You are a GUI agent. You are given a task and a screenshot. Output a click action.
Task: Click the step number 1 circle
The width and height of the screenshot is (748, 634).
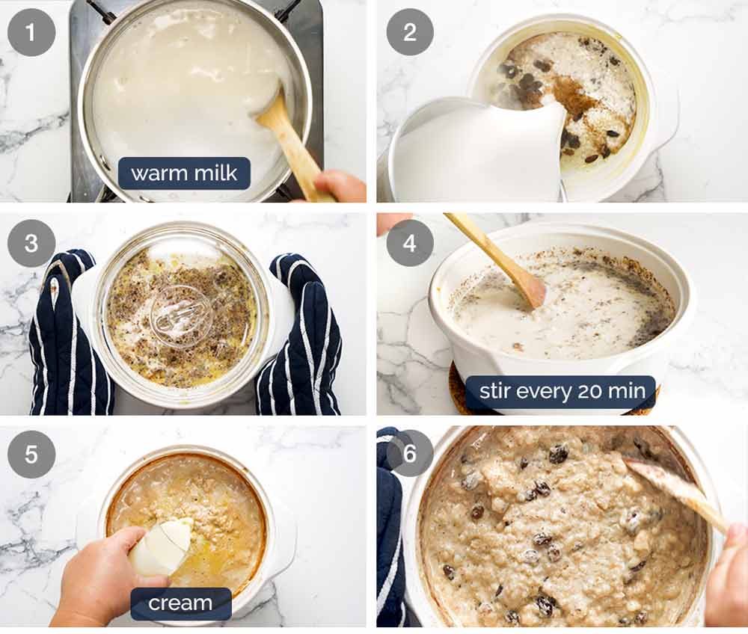pyautogui.click(x=31, y=32)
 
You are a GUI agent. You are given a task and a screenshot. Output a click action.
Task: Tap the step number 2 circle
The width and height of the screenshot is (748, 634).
pyautogui.click(x=410, y=32)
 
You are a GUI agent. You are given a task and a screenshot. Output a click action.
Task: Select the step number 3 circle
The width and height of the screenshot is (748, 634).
pyautogui.click(x=31, y=244)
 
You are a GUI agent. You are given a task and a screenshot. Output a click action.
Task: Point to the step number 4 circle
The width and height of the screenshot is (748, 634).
pyautogui.click(x=410, y=244)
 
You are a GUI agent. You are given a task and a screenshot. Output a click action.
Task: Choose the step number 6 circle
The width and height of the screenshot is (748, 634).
pyautogui.click(x=410, y=453)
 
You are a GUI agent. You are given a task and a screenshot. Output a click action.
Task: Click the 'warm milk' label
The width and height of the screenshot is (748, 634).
pyautogui.click(x=184, y=173)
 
